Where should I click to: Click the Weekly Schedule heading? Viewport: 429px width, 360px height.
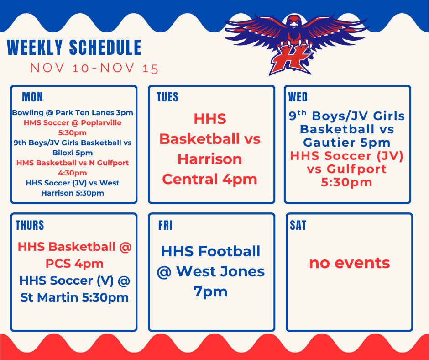pos(74,48)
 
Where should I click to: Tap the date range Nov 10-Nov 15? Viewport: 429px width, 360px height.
pos(94,69)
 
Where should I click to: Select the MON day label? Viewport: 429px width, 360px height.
pos(32,97)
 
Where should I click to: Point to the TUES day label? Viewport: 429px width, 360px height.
pos(167,97)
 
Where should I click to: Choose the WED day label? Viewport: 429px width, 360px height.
pos(298,97)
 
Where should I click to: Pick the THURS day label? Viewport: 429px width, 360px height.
pos(30,225)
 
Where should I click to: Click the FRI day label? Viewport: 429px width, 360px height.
pos(165,225)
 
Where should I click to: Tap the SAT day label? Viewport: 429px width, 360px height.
pos(298,225)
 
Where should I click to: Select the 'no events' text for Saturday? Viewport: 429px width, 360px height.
pos(349,263)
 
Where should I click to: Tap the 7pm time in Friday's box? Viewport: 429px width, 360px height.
pos(210,291)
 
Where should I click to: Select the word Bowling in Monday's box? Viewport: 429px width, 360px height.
pos(27,113)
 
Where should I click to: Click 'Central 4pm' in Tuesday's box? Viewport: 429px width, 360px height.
pos(209,179)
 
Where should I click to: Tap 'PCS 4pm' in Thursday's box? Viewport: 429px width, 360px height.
pos(74,264)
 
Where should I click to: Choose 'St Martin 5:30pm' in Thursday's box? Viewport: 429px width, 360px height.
pos(74,298)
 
